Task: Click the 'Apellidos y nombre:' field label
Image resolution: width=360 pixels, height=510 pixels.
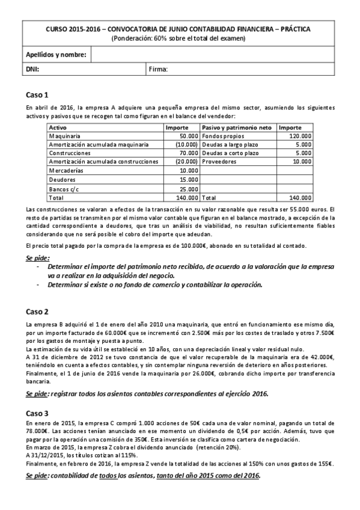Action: pyautogui.click(x=56, y=55)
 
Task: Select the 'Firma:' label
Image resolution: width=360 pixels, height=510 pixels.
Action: pyautogui.click(x=158, y=70)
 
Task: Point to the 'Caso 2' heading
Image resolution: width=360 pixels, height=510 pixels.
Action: pyautogui.click(x=37, y=312)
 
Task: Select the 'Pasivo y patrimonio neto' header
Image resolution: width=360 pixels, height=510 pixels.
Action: pyautogui.click(x=237, y=128)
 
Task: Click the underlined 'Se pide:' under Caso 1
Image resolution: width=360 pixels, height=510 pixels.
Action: pyautogui.click(x=37, y=257)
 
